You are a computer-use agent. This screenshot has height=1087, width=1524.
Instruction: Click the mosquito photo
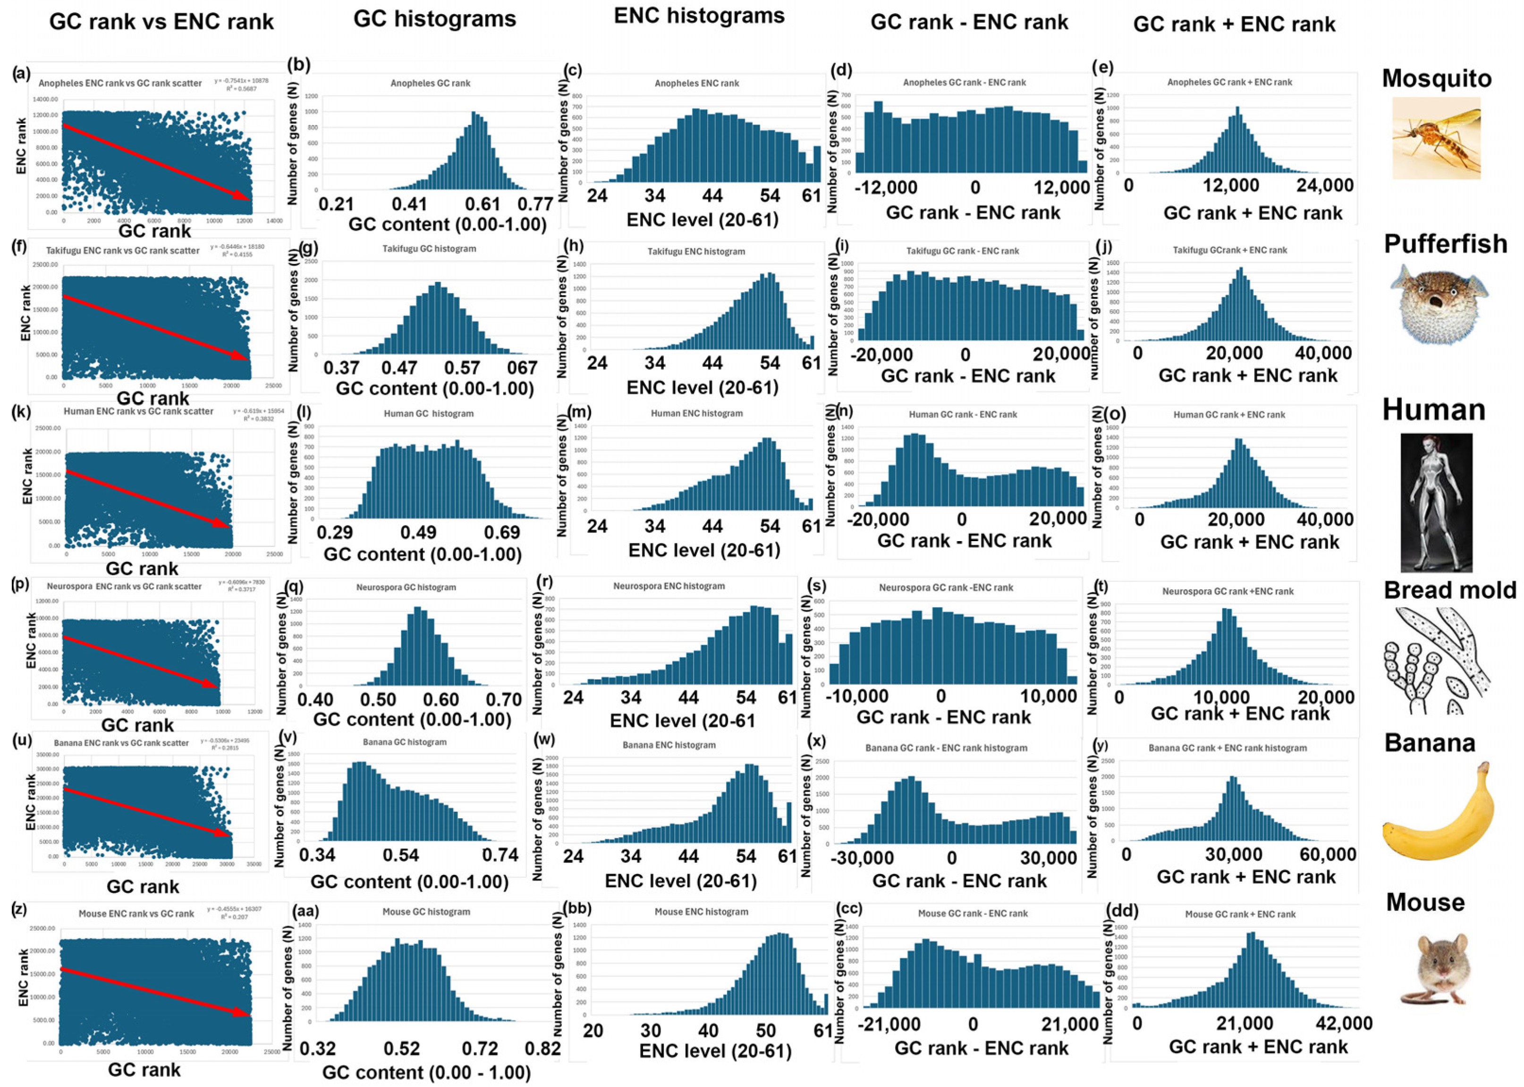tap(1436, 138)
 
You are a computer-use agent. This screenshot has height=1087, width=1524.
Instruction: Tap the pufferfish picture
tap(1439, 303)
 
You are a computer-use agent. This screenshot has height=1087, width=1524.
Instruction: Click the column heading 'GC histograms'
tap(434, 19)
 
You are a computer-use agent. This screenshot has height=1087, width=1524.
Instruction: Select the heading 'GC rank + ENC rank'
tap(1234, 24)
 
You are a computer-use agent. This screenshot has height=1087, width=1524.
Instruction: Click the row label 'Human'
tap(1434, 410)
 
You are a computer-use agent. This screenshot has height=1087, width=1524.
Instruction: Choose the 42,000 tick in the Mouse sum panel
tap(1343, 1023)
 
